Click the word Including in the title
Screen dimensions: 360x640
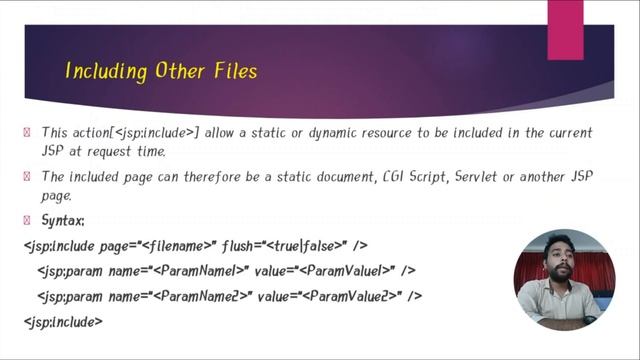(100, 71)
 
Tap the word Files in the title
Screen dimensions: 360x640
(233, 71)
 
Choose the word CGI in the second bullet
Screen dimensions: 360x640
(393, 176)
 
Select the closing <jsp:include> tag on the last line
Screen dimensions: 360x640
(62, 321)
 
